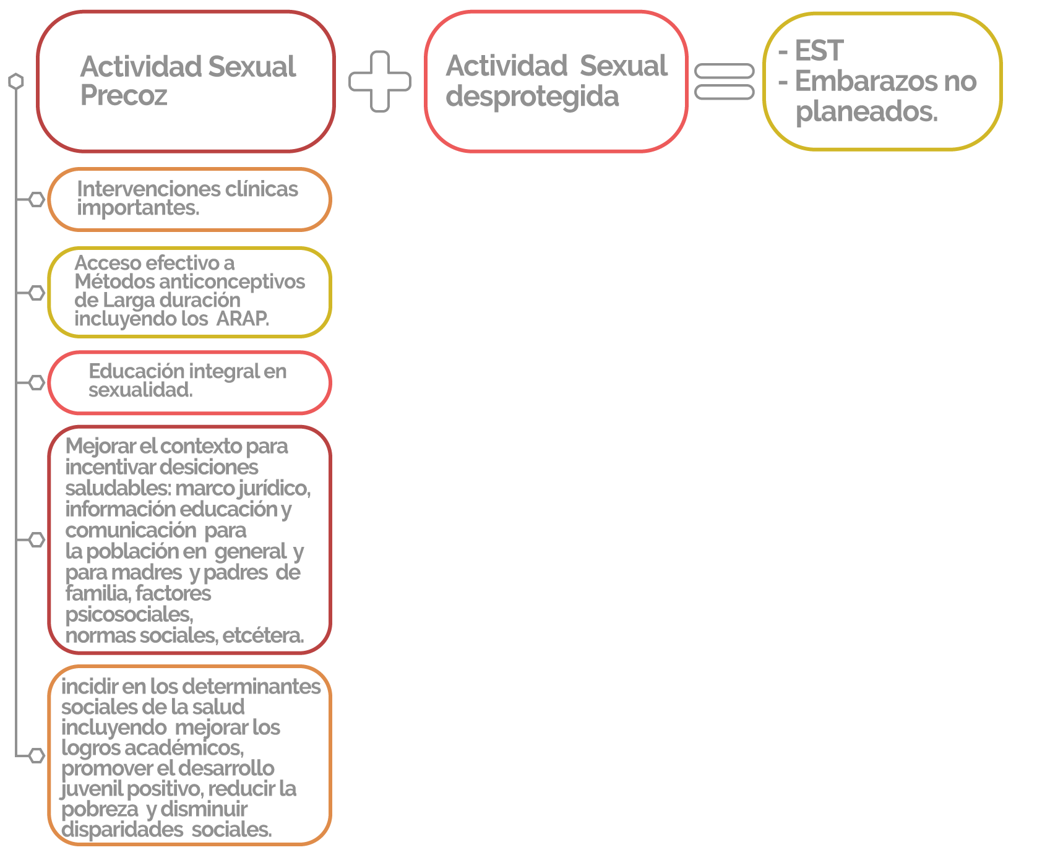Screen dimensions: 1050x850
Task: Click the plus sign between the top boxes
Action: point(380,81)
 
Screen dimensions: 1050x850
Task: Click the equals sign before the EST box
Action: point(725,81)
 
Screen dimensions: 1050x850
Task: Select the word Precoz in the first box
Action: point(124,95)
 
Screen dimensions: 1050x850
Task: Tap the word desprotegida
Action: point(532,97)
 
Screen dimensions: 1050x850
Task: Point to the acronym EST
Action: point(819,51)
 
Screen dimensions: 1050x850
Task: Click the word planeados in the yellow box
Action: point(866,112)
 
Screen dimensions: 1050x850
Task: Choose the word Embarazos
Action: point(857,81)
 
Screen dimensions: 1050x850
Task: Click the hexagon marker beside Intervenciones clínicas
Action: point(37,199)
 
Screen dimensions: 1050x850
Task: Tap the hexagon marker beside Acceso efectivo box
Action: point(37,293)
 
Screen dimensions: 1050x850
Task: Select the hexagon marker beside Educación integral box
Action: point(37,382)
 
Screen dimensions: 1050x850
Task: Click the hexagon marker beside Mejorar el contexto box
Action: point(37,539)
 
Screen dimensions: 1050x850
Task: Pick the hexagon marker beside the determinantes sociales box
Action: point(37,755)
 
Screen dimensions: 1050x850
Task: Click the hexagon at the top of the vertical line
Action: point(16,81)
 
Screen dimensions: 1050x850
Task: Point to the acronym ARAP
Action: point(243,319)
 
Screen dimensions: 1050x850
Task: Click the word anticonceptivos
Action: point(232,282)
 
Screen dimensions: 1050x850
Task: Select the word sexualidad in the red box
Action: point(140,390)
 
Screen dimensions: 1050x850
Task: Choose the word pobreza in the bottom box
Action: point(100,809)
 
